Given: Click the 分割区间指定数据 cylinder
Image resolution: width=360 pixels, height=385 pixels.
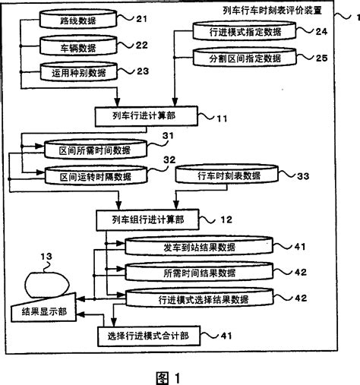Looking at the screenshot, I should [x=232, y=58].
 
